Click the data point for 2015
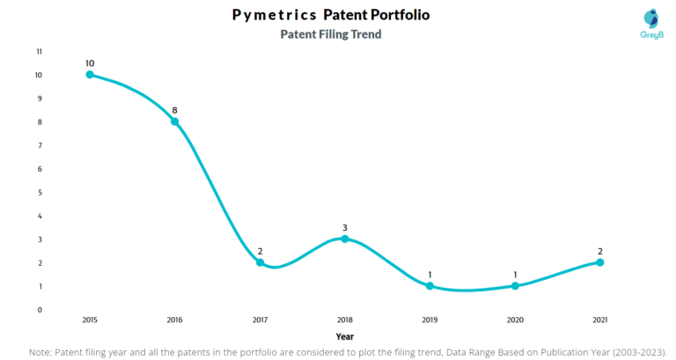pos(90,75)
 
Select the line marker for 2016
pos(174,121)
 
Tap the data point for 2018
pos(345,239)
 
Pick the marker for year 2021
pos(600,262)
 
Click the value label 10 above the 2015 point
pos(90,62)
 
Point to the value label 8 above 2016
pos(174,110)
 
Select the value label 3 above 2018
pos(345,227)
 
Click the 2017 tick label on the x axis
pos(260,320)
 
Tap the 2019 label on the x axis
pos(430,320)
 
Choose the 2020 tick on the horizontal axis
pos(515,320)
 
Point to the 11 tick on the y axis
pos(39,52)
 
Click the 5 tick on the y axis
pos(40,192)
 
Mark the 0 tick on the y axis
pos(40,310)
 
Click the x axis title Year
pos(345,336)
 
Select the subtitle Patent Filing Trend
pos(330,34)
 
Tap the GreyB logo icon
pos(650,18)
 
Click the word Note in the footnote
pos(41,351)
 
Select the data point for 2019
pos(430,286)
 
